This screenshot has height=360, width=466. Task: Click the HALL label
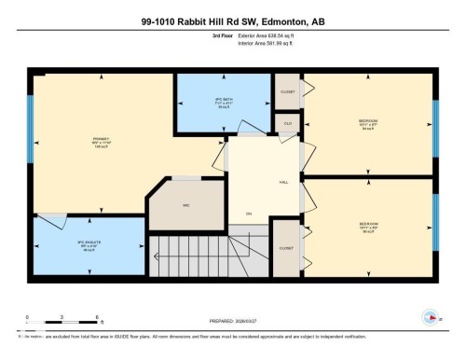coord(281,182)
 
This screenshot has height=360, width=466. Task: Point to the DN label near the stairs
coord(248,215)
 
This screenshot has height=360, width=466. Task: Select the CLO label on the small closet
coord(288,122)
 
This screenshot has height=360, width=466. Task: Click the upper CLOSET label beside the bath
coord(287,91)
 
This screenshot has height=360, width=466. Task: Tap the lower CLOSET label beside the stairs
coord(285,248)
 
